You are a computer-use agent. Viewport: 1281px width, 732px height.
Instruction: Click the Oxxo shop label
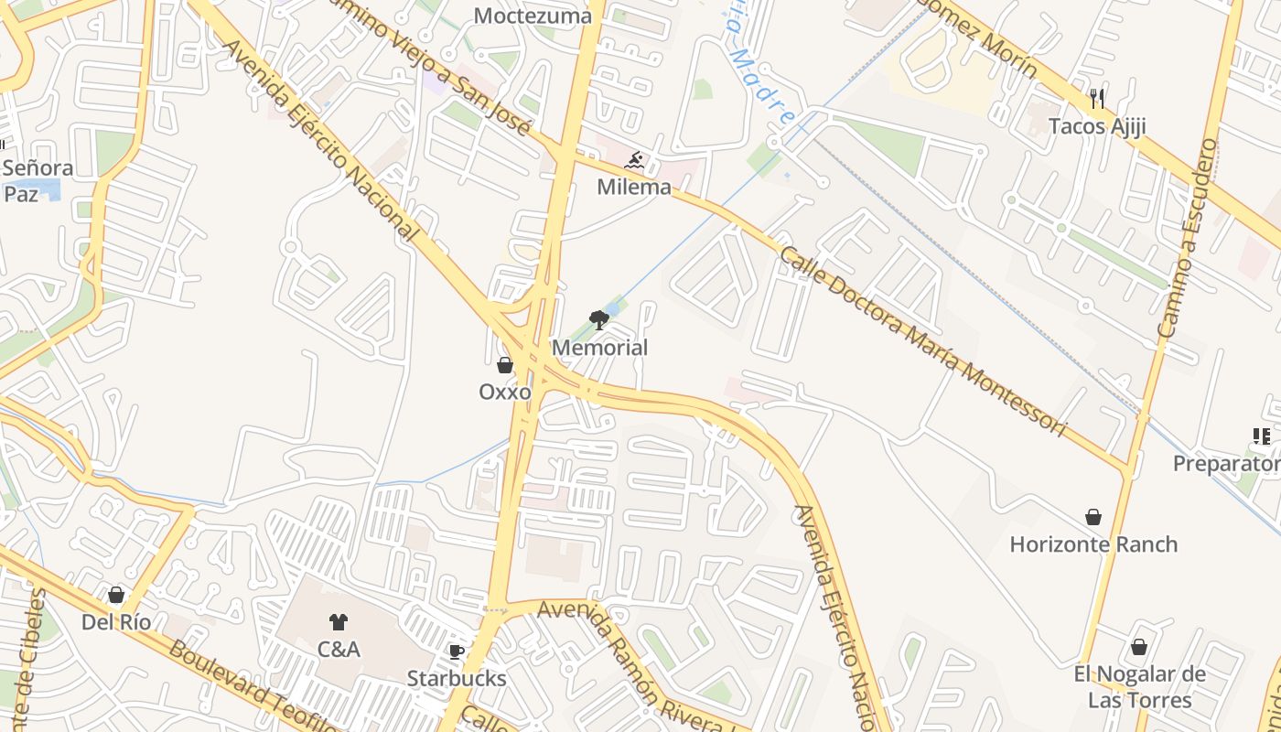[505, 392]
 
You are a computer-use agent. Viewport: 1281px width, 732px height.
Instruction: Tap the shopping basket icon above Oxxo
[505, 366]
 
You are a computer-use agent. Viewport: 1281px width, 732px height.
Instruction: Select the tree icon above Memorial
[599, 319]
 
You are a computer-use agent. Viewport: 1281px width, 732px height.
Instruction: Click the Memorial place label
[599, 348]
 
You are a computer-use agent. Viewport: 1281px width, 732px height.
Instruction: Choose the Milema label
[633, 188]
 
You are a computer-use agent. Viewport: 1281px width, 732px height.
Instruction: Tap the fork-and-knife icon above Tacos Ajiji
[1097, 99]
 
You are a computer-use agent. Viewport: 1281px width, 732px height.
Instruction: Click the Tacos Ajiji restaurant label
[1097, 126]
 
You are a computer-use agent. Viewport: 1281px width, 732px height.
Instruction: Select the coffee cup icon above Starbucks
[457, 651]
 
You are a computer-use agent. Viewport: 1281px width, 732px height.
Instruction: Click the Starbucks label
[457, 679]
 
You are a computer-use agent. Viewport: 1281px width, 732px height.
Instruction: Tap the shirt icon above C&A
[339, 622]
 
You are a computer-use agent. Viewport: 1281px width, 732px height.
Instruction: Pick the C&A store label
[339, 650]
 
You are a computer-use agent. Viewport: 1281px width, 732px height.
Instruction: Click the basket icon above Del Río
[116, 596]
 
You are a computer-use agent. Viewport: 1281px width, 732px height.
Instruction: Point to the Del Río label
[116, 622]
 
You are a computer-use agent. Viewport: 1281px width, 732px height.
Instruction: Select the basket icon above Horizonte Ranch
[1093, 517]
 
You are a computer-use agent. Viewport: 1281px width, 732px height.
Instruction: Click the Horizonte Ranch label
[1093, 544]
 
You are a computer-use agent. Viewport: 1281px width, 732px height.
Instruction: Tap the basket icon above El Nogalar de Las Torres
[1139, 647]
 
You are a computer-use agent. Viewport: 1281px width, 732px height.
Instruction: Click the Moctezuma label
[533, 16]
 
